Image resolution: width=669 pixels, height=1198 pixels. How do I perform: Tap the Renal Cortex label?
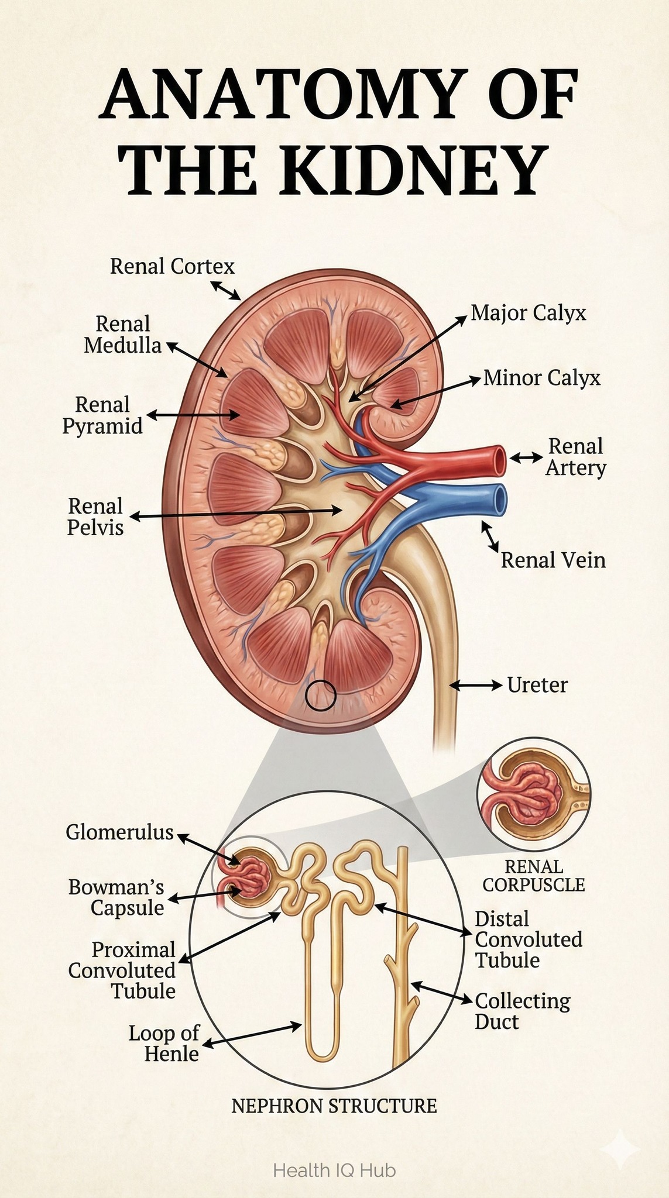[x=173, y=267]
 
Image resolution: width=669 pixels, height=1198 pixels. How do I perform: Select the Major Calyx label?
[x=529, y=313]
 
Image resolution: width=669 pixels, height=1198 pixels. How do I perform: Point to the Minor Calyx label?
[x=542, y=378]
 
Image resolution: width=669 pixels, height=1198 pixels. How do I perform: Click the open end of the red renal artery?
[x=499, y=460]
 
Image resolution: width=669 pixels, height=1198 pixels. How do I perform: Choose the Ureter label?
[x=537, y=684]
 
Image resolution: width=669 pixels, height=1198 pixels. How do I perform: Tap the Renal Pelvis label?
[x=95, y=517]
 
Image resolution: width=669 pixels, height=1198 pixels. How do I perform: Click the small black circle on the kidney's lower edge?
[x=321, y=695]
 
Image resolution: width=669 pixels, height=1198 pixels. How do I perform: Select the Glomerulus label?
[x=120, y=832]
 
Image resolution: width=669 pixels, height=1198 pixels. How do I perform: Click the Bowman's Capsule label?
[x=116, y=897]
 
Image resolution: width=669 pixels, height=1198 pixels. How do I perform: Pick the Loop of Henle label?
[x=164, y=1044]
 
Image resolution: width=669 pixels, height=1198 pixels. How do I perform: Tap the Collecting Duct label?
[x=522, y=1011]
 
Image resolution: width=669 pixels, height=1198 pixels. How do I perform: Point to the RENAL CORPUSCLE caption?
[x=534, y=876]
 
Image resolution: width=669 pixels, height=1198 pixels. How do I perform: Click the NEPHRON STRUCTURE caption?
[x=334, y=1106]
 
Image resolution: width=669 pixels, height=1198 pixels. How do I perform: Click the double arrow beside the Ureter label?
[x=476, y=684]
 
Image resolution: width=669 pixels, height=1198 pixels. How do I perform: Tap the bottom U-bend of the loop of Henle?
[x=321, y=1053]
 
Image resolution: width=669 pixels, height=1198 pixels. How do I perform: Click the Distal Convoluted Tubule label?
[x=529, y=940]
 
